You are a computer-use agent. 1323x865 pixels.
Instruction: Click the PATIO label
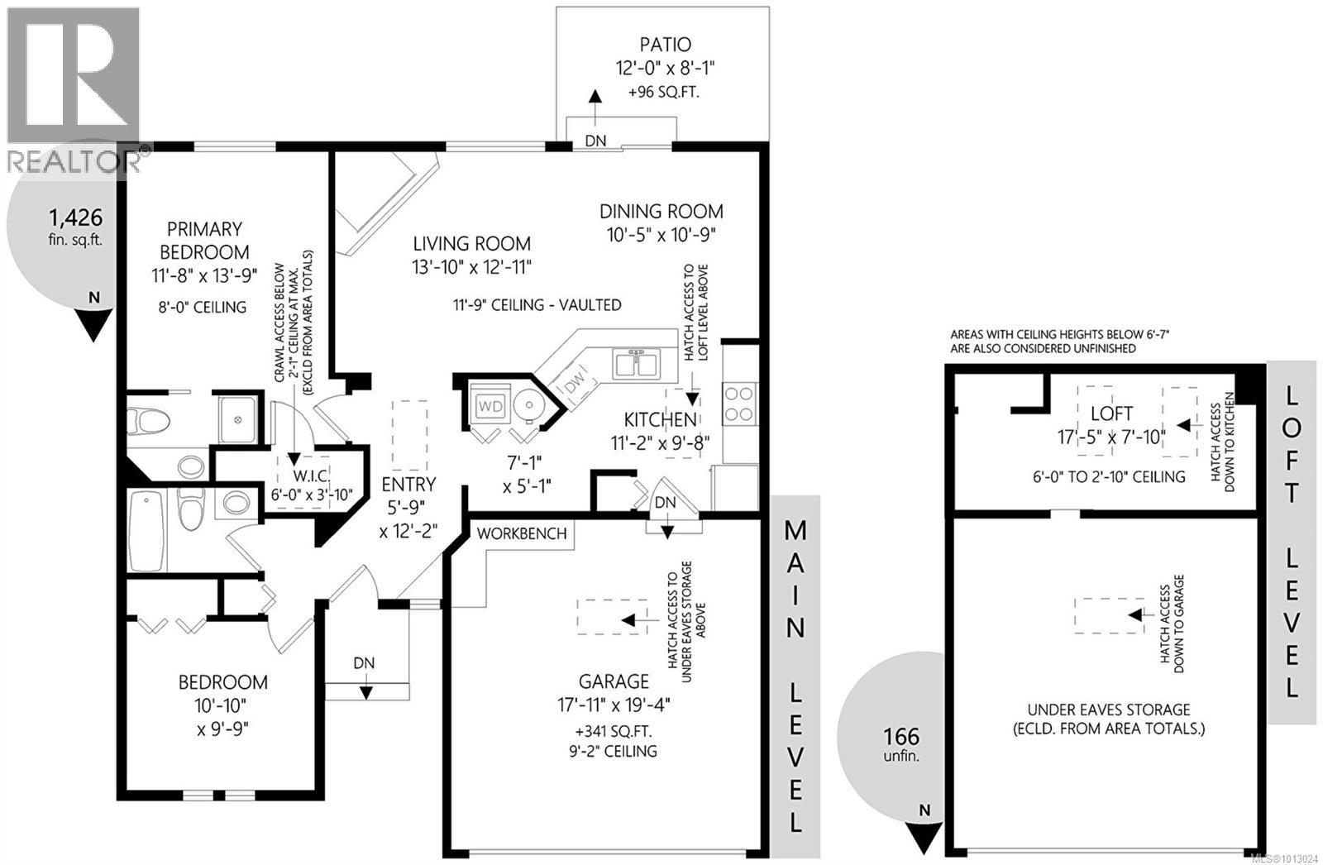664,44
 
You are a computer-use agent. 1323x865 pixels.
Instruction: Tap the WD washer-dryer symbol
490,406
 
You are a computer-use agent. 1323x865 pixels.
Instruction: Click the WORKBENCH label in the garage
522,533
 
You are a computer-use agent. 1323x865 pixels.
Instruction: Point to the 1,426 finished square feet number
75,217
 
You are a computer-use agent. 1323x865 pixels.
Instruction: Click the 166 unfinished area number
901,736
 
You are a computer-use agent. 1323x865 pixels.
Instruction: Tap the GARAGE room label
613,681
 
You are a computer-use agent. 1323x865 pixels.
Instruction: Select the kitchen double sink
636,364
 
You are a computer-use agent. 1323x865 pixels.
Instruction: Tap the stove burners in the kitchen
740,404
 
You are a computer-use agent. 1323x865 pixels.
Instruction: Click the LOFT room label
1111,413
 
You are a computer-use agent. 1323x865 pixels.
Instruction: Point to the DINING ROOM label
661,212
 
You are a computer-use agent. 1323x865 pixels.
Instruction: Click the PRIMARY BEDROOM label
204,240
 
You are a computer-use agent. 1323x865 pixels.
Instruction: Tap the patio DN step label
595,141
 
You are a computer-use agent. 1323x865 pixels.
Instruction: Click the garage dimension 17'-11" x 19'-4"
613,705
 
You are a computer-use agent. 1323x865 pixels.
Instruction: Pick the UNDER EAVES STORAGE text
1108,710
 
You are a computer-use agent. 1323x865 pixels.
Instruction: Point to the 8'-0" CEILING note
203,307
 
